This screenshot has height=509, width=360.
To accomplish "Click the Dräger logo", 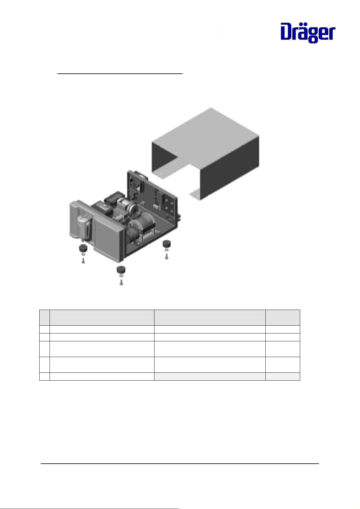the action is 308,33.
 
